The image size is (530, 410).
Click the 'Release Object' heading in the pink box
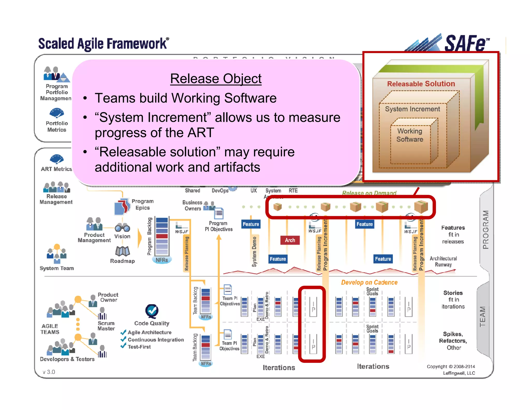pos(216,79)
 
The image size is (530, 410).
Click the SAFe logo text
pos(465,43)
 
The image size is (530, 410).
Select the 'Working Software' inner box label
pos(410,135)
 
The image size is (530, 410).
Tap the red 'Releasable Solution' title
pos(421,84)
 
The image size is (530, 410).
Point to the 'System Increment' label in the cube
pos(412,109)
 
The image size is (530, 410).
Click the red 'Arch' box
pos(290,240)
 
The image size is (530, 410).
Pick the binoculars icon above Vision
pos(122,228)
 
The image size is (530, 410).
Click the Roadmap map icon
pos(122,251)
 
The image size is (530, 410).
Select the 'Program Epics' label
pos(142,204)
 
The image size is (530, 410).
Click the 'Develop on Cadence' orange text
pos(369,282)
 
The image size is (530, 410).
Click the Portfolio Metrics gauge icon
pos(57,113)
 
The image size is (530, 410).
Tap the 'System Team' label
pos(57,268)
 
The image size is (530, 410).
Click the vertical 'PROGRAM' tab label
pos(486,230)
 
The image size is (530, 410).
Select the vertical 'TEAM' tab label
pos(483,316)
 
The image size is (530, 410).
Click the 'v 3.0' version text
pos(49,372)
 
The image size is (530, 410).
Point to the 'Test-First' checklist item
pos(139,347)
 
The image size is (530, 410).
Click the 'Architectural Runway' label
pos(443,261)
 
